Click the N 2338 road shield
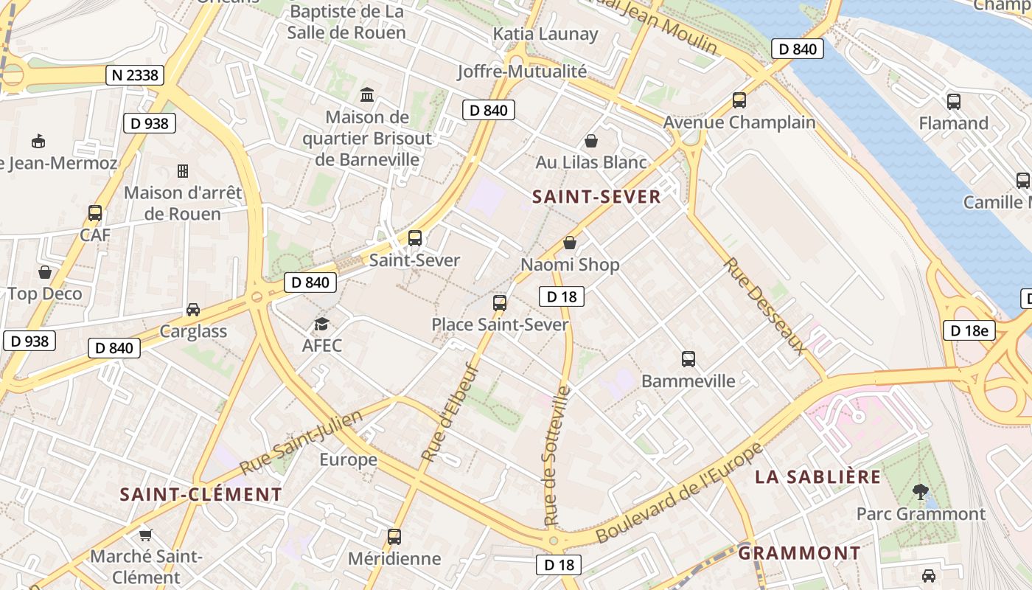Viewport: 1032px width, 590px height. tap(134, 75)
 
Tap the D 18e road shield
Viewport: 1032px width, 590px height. tap(969, 330)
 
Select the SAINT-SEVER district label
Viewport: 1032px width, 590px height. tap(596, 197)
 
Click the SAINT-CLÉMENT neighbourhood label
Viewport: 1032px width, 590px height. tap(201, 494)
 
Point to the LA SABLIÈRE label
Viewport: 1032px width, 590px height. tap(818, 477)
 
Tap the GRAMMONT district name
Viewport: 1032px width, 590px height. tap(799, 553)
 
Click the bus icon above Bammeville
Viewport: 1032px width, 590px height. tap(688, 359)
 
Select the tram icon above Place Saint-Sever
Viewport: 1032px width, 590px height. tap(500, 302)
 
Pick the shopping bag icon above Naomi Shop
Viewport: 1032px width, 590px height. tap(570, 243)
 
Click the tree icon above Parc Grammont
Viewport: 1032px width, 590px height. tap(920, 491)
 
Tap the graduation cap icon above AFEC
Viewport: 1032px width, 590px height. tap(321, 324)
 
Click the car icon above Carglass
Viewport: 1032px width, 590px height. tap(193, 310)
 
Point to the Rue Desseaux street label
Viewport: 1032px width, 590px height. tap(763, 305)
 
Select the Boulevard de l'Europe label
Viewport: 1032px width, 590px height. tap(678, 493)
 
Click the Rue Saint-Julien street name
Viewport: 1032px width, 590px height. tap(301, 442)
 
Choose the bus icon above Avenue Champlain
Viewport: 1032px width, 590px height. tap(739, 100)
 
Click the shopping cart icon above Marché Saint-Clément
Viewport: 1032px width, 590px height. tap(146, 535)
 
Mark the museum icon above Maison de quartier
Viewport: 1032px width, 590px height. tap(366, 94)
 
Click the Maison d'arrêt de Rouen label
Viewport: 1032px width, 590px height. tap(183, 204)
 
